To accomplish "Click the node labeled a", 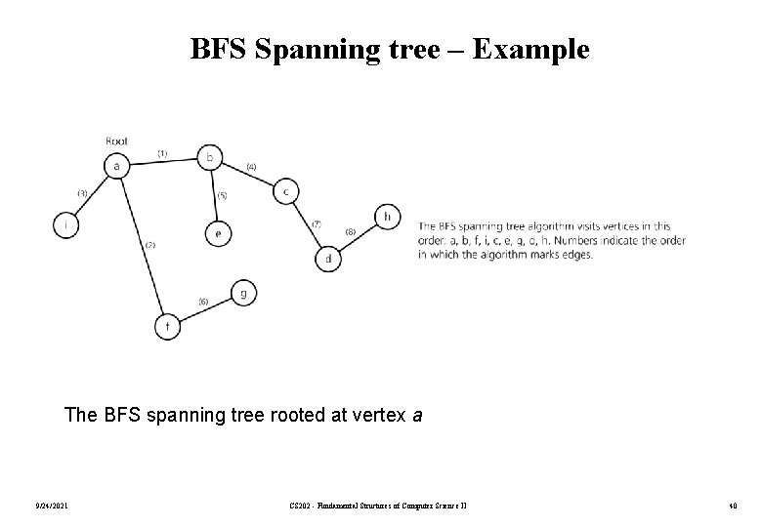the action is pos(117,166).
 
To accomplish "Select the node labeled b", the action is pos(210,156).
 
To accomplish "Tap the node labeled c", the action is pos(285,191).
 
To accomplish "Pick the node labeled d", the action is pos(327,259).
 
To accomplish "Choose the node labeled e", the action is pos(217,234).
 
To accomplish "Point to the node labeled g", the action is pos(243,293).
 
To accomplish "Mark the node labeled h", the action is pos(387,217).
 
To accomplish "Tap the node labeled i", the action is pos(65,225).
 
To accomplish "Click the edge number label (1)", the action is pos(162,153).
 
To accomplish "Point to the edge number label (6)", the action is pos(202,301).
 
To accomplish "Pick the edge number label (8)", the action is pos(351,230).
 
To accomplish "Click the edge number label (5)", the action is pos(222,195).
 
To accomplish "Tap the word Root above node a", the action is pos(116,142).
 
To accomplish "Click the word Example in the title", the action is pos(531,49).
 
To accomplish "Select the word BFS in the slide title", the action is pos(217,49).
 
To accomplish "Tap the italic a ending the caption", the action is pos(417,415).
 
